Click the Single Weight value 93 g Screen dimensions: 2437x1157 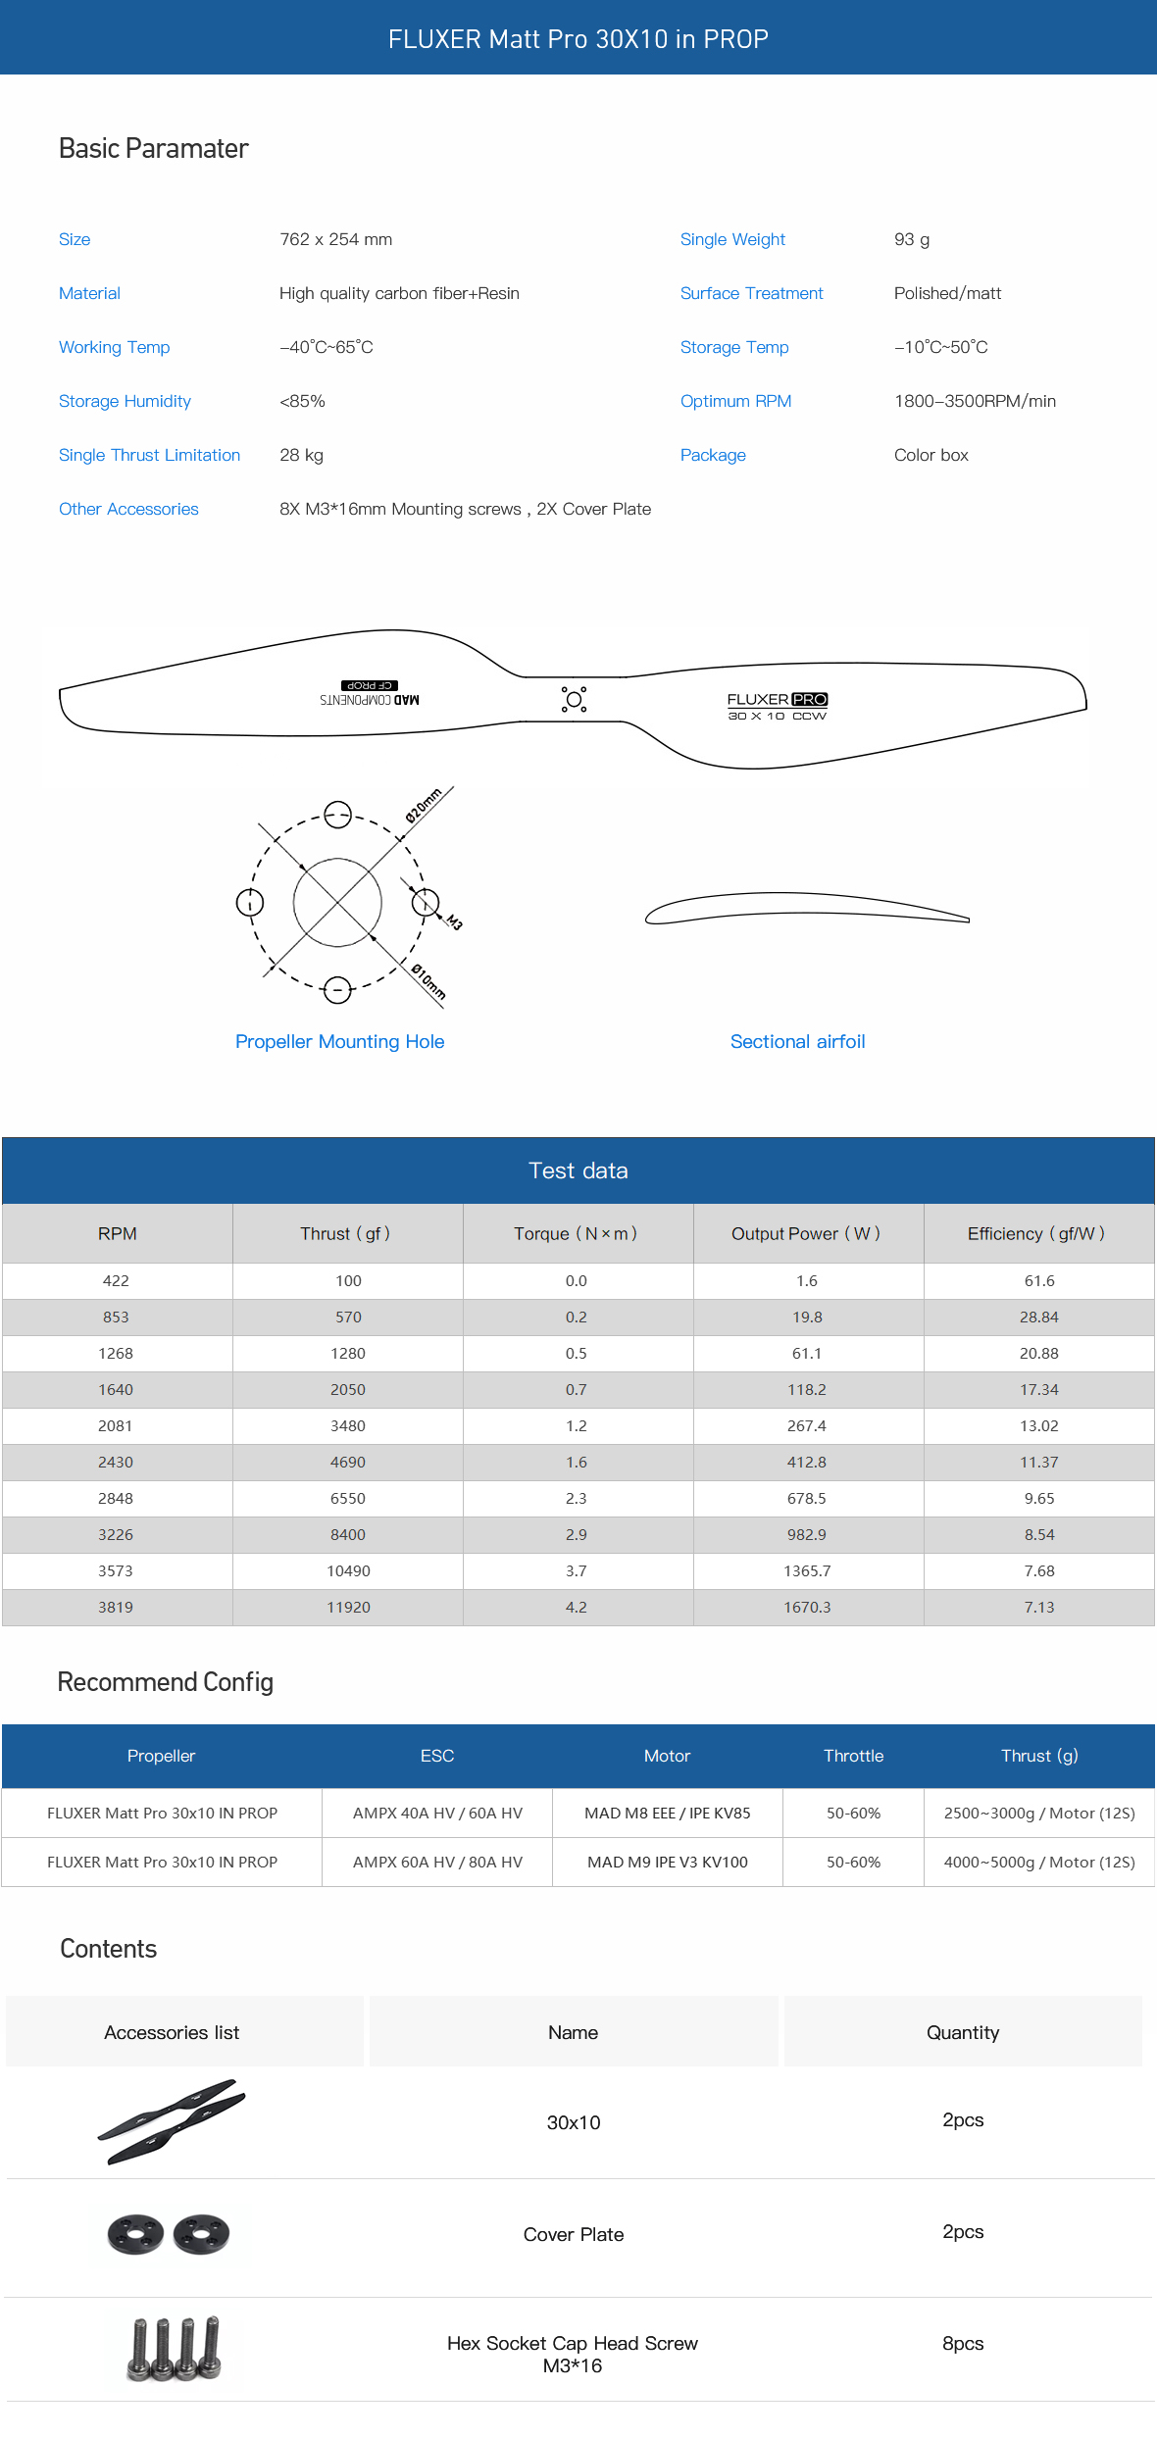tap(912, 239)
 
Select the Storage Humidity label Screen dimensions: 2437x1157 tap(125, 401)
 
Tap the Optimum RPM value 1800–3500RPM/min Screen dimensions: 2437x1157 tap(975, 401)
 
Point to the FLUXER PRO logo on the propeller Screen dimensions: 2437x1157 tap(778, 700)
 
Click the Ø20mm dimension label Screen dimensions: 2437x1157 tap(425, 805)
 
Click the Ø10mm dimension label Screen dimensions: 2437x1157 tap(428, 981)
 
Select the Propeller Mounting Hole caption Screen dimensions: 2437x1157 tap(339, 1041)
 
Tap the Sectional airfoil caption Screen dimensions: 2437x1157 tap(797, 1041)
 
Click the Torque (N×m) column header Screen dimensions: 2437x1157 tap(576, 1233)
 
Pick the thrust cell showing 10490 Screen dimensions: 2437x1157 tap(348, 1570)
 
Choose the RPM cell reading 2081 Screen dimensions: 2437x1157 tap(116, 1425)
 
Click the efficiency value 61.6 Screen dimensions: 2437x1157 tap(1039, 1280)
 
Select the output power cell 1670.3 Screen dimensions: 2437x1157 tap(807, 1607)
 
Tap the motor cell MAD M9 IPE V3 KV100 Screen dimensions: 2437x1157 tap(667, 1862)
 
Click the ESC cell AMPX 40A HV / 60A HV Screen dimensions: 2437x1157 tap(437, 1813)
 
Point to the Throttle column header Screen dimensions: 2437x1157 tap(853, 1756)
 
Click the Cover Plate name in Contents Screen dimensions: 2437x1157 tap(574, 2234)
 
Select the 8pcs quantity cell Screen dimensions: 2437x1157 tap(963, 2343)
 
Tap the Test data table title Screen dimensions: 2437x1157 tap(578, 1170)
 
